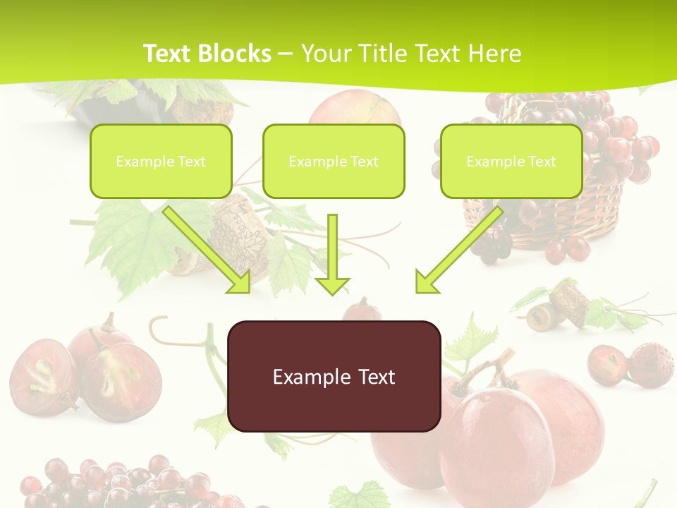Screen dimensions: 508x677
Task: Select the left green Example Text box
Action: pyautogui.click(x=161, y=161)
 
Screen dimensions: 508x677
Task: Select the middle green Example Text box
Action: pyautogui.click(x=334, y=161)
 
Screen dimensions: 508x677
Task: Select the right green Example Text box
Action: pyautogui.click(x=511, y=161)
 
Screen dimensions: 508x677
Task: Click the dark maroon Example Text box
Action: pyautogui.click(x=334, y=376)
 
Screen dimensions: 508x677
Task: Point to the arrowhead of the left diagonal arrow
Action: pyautogui.click(x=239, y=282)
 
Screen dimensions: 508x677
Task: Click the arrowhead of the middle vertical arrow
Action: pyautogui.click(x=332, y=286)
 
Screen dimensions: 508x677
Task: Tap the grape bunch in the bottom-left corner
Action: pyautogui.click(x=106, y=483)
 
